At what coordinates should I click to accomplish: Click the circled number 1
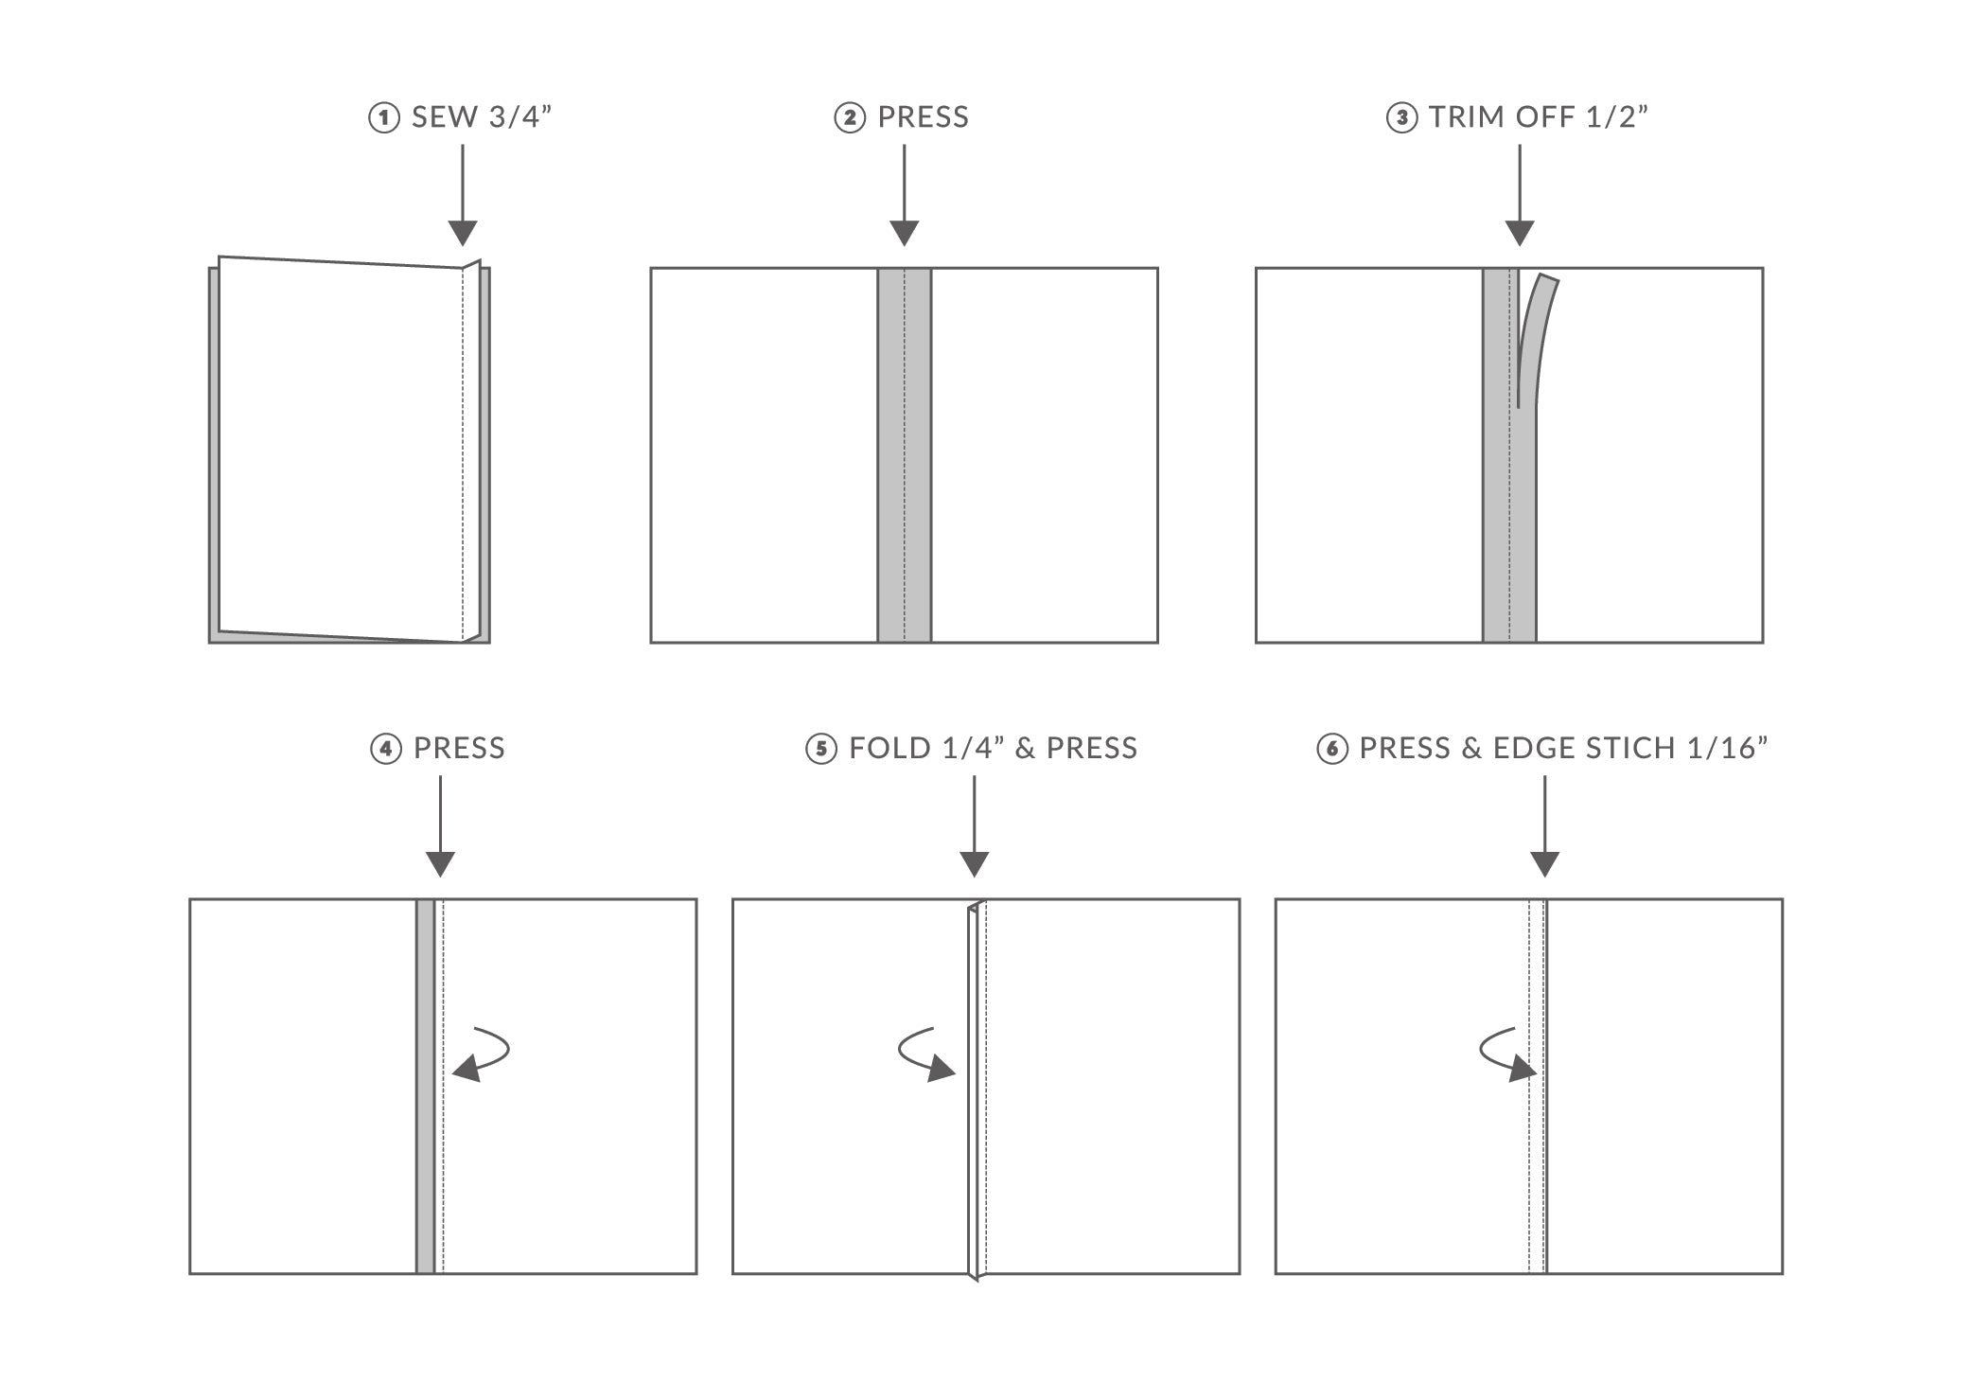tap(383, 118)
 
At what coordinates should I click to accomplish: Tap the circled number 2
tap(849, 118)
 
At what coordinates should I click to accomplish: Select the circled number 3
tap(1401, 118)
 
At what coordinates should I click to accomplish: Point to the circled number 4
tap(385, 750)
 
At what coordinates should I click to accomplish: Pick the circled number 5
tap(820, 750)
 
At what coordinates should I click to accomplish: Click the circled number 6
tap(1331, 750)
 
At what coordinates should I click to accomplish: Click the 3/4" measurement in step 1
tap(519, 117)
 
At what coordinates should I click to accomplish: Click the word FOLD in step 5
tap(889, 749)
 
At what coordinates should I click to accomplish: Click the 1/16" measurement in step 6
tap(1728, 749)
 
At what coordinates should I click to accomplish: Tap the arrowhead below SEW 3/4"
tap(462, 233)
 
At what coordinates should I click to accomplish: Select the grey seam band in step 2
tap(904, 454)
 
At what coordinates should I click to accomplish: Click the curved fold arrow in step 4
tap(485, 1054)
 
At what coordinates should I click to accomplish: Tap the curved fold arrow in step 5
tap(923, 1054)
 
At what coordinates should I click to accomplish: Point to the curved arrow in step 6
tap(1504, 1054)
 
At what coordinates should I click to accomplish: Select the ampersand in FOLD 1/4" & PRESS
tap(1025, 749)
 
